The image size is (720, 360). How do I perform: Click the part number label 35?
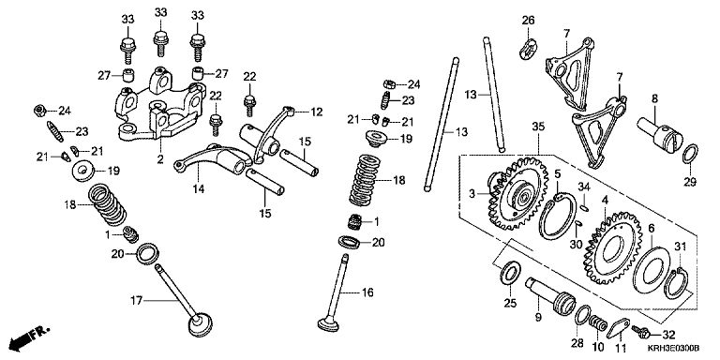538,127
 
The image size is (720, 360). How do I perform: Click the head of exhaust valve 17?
201,324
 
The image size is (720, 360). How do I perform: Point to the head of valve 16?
328,322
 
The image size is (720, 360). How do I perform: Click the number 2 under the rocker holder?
159,159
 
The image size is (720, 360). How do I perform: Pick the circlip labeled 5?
557,216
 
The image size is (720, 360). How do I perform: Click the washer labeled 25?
510,275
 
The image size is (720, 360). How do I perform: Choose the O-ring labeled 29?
690,154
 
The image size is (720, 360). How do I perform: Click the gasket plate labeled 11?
617,328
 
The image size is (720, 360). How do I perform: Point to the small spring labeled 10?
597,322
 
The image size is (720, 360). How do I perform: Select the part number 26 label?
529,21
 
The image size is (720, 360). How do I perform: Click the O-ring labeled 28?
582,315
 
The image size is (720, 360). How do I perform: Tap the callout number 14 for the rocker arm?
199,188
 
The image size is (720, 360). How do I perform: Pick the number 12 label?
316,112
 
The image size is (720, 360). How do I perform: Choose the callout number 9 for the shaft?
538,316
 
